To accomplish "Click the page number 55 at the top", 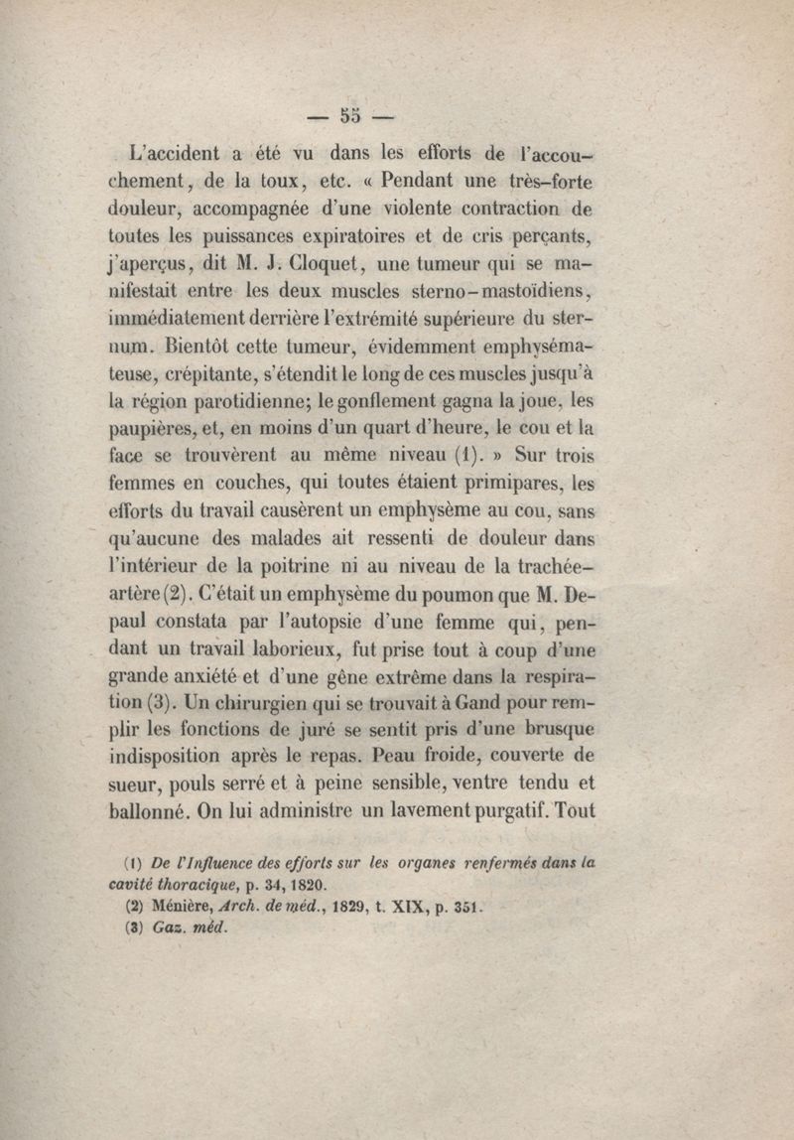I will (x=348, y=114).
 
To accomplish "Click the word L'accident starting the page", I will (x=178, y=154).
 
